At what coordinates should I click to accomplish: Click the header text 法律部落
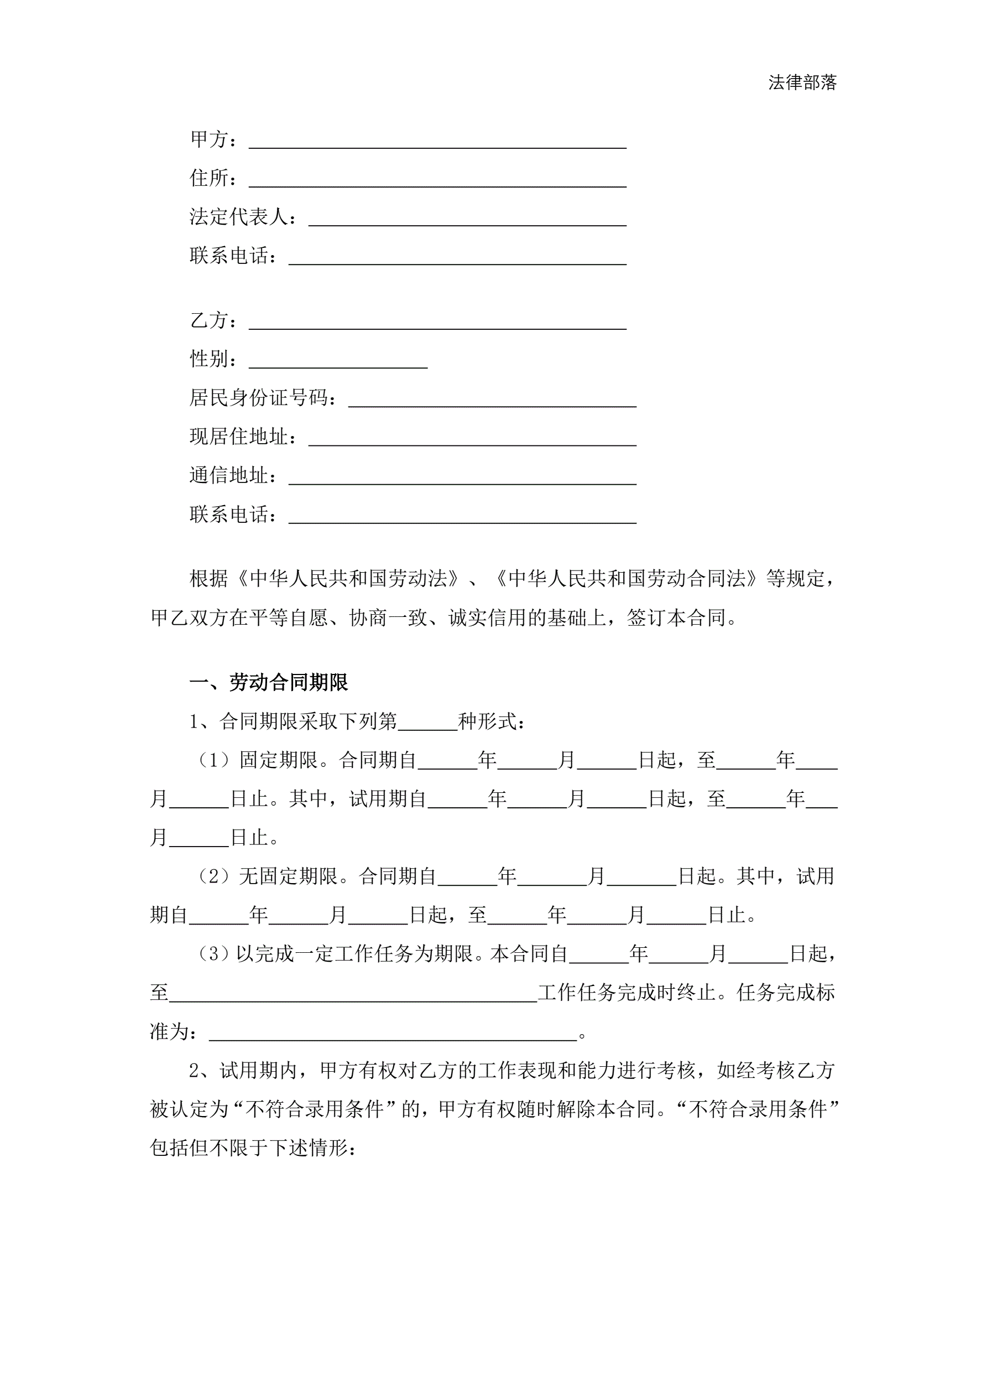[x=802, y=82]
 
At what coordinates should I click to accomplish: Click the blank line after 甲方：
[x=437, y=142]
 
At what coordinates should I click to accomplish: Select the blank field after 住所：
[x=437, y=180]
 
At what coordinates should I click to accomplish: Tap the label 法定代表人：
[x=243, y=217]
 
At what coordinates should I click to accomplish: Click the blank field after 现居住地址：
[x=472, y=439]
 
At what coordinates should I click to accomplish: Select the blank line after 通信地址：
[x=462, y=478]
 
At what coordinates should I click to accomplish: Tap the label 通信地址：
[x=233, y=476]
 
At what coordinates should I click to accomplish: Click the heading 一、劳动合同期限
[x=269, y=683]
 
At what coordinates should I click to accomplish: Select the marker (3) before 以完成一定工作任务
[x=213, y=954]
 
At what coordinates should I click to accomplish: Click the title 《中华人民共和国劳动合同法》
[x=626, y=579]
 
